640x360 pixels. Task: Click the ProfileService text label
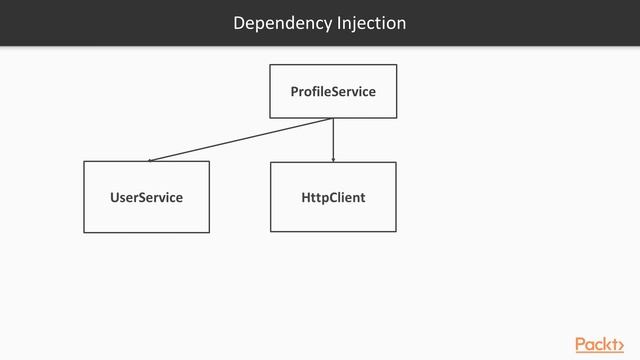coord(333,92)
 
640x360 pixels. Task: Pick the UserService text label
coord(146,198)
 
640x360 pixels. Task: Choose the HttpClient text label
coord(333,198)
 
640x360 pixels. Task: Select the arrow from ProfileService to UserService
coord(240,139)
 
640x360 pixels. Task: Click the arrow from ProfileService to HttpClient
coord(333,140)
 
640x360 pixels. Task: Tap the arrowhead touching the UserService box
coord(150,159)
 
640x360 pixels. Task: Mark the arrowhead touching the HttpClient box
coord(333,159)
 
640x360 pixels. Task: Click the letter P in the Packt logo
coord(581,344)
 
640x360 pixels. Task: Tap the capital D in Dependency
coord(239,23)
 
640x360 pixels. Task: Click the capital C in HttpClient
coord(335,198)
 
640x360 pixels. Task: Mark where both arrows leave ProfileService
coord(333,118)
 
